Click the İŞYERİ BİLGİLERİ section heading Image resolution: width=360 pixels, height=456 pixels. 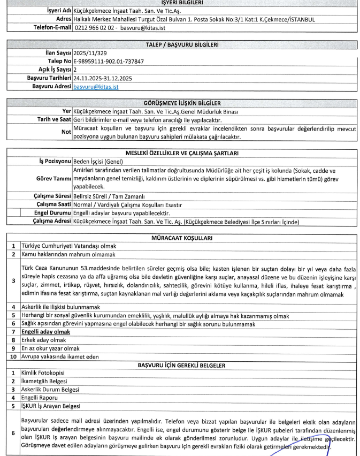coord(178,2)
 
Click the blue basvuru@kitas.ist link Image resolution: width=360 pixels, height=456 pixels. coord(96,86)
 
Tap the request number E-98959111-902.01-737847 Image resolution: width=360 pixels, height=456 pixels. coord(109,62)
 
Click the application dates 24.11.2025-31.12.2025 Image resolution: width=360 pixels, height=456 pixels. coord(103,78)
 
